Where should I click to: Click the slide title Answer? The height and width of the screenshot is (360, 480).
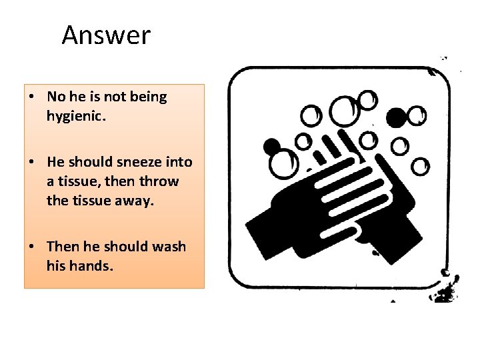106,35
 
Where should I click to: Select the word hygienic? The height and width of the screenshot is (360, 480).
74,116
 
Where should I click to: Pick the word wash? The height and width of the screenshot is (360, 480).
169,247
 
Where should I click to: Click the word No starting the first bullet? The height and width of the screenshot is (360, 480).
55,97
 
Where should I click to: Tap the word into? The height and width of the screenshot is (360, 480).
177,162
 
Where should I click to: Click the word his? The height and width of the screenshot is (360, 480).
55,266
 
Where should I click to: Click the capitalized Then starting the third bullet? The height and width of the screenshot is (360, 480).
62,247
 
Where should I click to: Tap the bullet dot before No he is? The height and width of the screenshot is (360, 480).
32,97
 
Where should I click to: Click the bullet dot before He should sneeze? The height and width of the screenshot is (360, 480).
32,163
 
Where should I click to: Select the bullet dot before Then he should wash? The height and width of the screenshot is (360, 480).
32,247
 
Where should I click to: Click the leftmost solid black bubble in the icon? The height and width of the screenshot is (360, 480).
271,145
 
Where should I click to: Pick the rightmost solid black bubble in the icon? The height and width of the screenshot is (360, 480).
396,118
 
